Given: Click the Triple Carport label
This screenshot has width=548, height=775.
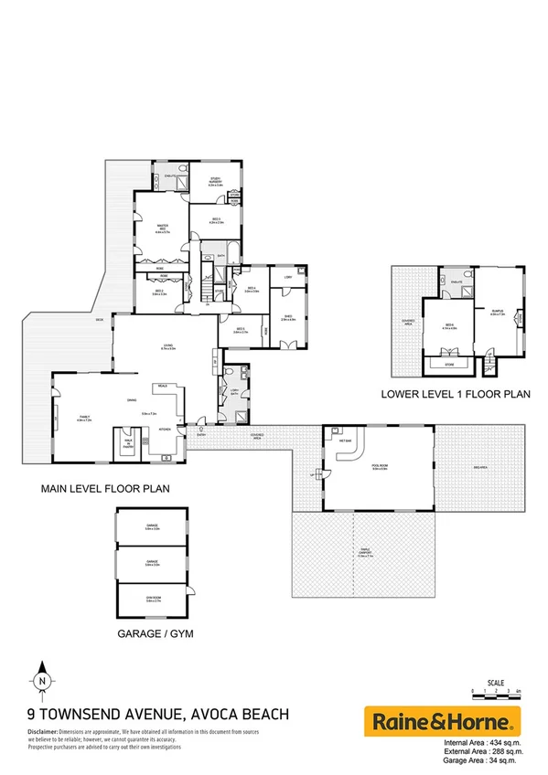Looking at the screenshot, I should (366, 551).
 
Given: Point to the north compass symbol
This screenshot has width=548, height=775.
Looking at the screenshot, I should (42, 680).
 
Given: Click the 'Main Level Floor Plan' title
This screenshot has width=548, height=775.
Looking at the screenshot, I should (104, 489).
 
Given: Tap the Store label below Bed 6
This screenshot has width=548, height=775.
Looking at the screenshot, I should (449, 363).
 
